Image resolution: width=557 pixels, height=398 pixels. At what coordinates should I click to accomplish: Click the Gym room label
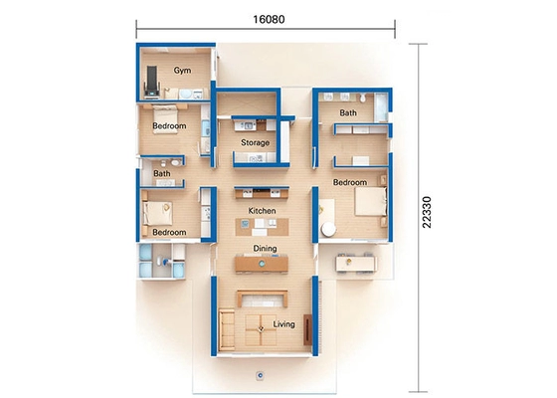point(183,71)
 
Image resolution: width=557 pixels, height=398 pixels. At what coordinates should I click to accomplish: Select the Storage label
point(255,143)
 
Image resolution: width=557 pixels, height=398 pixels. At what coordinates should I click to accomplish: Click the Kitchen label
point(262,212)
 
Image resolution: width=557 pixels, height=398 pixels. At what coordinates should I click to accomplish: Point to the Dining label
point(265,248)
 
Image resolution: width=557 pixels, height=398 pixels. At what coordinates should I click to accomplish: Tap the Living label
point(283,323)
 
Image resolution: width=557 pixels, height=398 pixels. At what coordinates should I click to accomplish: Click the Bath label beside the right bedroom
point(348,113)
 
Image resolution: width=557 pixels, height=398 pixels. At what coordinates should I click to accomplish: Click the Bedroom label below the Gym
point(169,127)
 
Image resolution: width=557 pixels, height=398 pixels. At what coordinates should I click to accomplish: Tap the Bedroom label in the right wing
point(350,183)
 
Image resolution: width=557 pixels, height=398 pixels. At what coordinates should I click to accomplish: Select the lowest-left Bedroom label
point(168,232)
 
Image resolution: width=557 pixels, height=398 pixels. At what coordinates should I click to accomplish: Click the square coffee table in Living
point(261,323)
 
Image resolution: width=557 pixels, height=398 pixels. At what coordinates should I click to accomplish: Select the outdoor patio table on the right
point(355,262)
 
